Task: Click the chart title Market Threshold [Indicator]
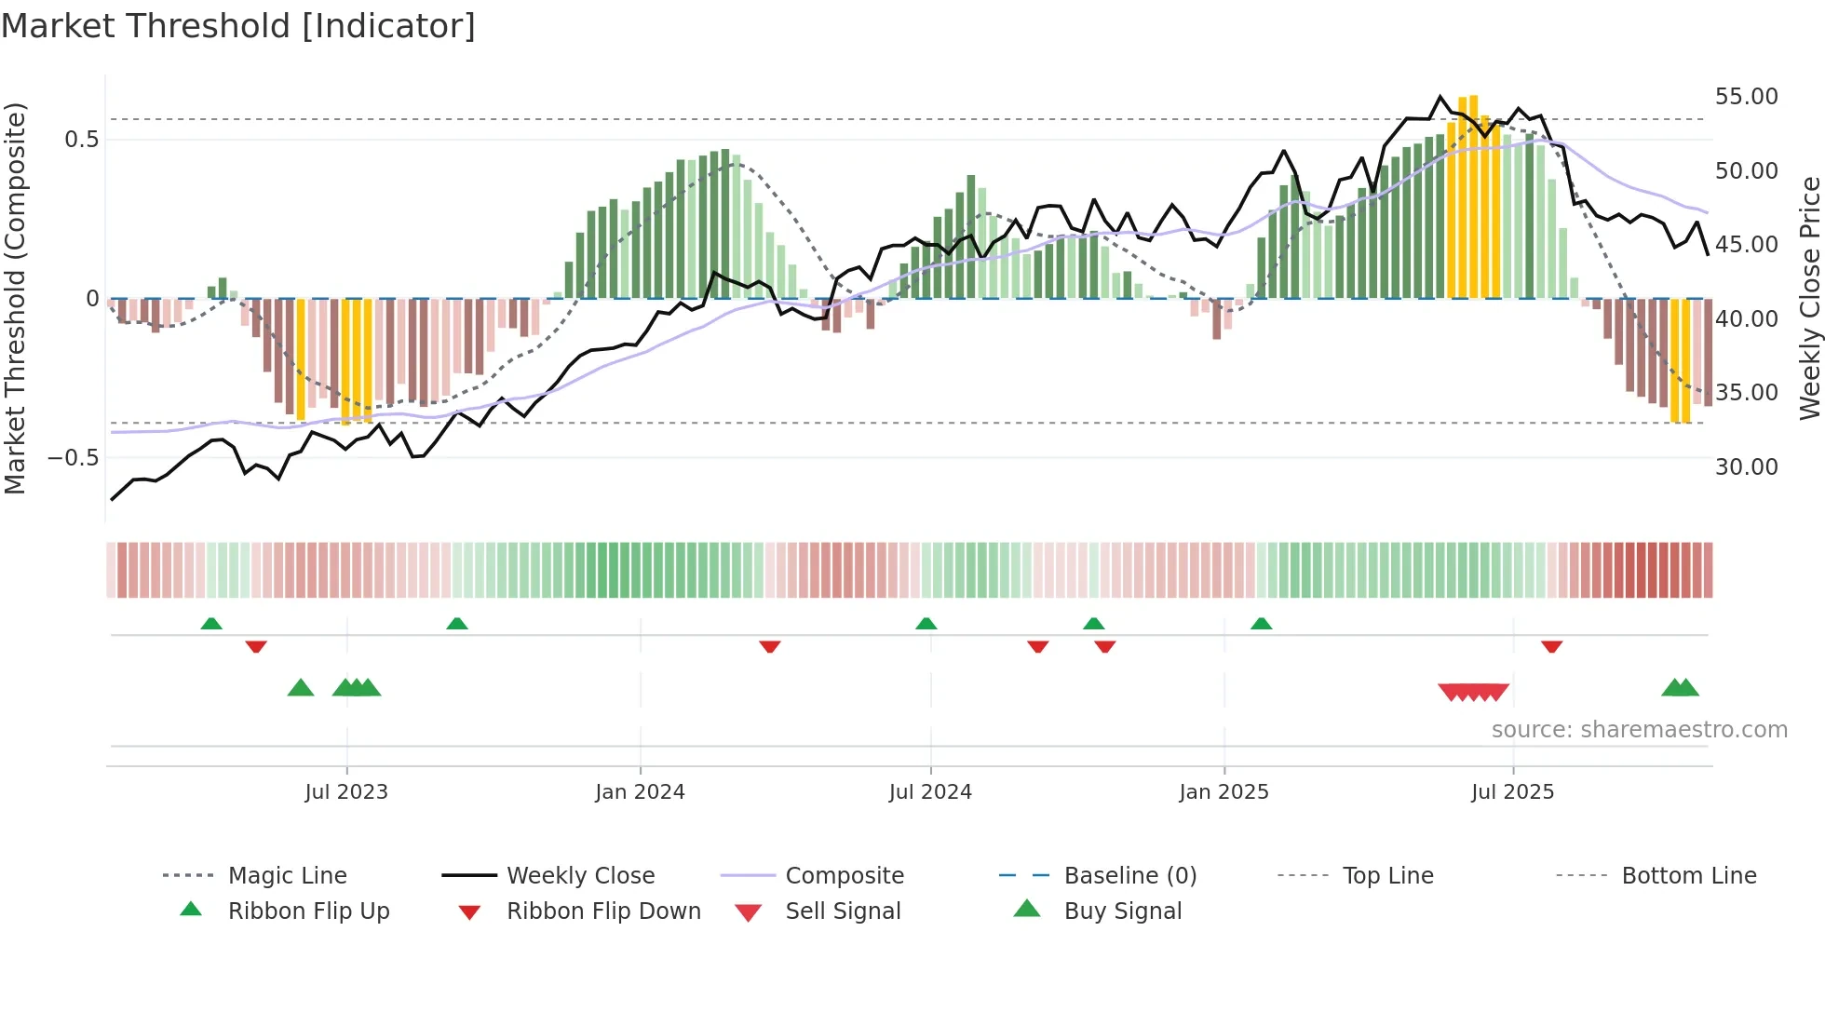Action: [x=238, y=26]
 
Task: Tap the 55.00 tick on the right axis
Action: [x=1746, y=97]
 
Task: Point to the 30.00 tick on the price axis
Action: [x=1746, y=467]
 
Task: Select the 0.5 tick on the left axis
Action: [x=81, y=140]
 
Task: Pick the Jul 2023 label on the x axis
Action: [x=345, y=792]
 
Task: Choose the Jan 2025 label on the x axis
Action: [x=1223, y=792]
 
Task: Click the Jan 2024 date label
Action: [x=640, y=792]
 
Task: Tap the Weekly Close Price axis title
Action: [x=1809, y=298]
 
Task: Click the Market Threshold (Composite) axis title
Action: [x=15, y=298]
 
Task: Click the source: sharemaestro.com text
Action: [x=1639, y=730]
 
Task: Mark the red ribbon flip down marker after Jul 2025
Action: [x=1551, y=647]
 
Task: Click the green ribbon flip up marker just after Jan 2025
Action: [x=1261, y=624]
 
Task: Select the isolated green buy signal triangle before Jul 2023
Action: [x=301, y=688]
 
